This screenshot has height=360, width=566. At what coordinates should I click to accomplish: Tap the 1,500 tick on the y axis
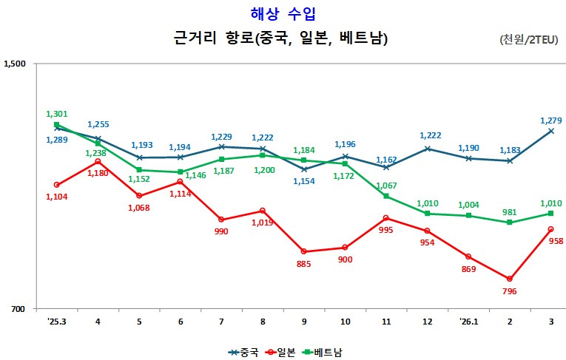[x=15, y=64]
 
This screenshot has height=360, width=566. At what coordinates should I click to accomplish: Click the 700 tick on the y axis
[x=18, y=309]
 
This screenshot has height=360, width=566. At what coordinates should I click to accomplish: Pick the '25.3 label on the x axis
[x=56, y=322]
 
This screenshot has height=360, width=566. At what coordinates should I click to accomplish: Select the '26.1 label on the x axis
[x=468, y=322]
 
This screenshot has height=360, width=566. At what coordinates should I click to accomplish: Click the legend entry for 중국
[x=243, y=353]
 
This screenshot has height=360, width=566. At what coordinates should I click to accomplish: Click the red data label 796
[x=509, y=291]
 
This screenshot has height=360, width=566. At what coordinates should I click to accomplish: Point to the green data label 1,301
[x=57, y=114]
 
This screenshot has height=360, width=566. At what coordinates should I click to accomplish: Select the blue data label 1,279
[x=550, y=120]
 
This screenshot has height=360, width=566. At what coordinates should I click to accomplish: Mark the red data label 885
[x=303, y=264]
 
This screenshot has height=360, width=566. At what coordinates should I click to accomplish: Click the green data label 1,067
[x=386, y=186]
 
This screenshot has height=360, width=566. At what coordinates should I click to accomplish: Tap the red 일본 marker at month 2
[x=510, y=279]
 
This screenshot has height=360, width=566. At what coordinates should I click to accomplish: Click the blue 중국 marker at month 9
[x=304, y=169]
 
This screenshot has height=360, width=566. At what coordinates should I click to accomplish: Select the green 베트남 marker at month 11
[x=386, y=196]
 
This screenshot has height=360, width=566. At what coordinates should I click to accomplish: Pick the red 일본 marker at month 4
[x=98, y=161]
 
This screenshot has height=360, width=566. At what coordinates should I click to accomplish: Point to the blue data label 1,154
[x=303, y=181]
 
